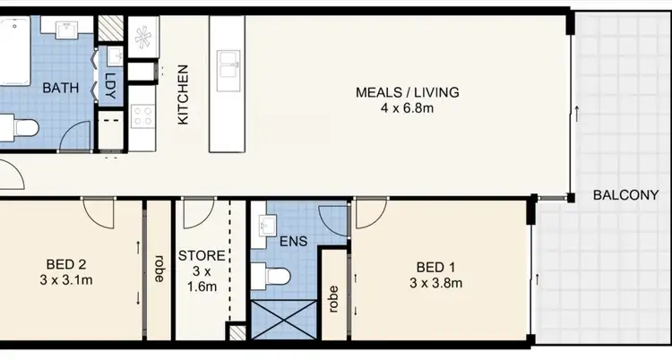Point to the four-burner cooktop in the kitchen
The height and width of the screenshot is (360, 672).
[143, 116]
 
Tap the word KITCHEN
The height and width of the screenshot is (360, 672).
[182, 94]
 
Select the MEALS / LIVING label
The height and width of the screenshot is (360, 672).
[407, 91]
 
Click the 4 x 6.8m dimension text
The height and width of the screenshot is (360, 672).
[407, 109]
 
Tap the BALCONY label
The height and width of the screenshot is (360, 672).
[625, 195]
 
